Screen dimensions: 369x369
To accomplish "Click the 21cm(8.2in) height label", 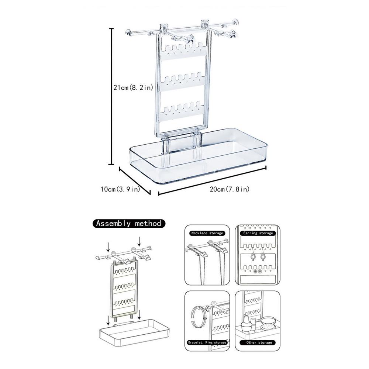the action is (x=133, y=88).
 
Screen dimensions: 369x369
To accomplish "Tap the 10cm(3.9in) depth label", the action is (x=120, y=189).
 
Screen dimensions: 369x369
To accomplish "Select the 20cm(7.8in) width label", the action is (x=230, y=189).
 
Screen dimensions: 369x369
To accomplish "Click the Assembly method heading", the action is (x=129, y=223).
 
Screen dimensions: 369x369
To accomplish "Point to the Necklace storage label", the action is (x=207, y=233).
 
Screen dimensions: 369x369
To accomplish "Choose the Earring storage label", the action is (x=258, y=233).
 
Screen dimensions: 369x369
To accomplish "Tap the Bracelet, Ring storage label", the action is (x=207, y=343).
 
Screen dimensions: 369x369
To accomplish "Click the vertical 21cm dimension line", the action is (x=112, y=96).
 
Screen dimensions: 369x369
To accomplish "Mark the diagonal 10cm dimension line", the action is (x=135, y=181).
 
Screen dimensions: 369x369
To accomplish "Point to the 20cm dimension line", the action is (x=212, y=181).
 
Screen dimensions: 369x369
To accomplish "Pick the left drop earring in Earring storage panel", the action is (x=253, y=256).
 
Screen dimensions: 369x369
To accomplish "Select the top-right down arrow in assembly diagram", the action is (x=139, y=241).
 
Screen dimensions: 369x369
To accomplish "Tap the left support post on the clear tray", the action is (x=166, y=146).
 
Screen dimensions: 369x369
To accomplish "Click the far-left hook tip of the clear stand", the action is (x=128, y=33).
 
